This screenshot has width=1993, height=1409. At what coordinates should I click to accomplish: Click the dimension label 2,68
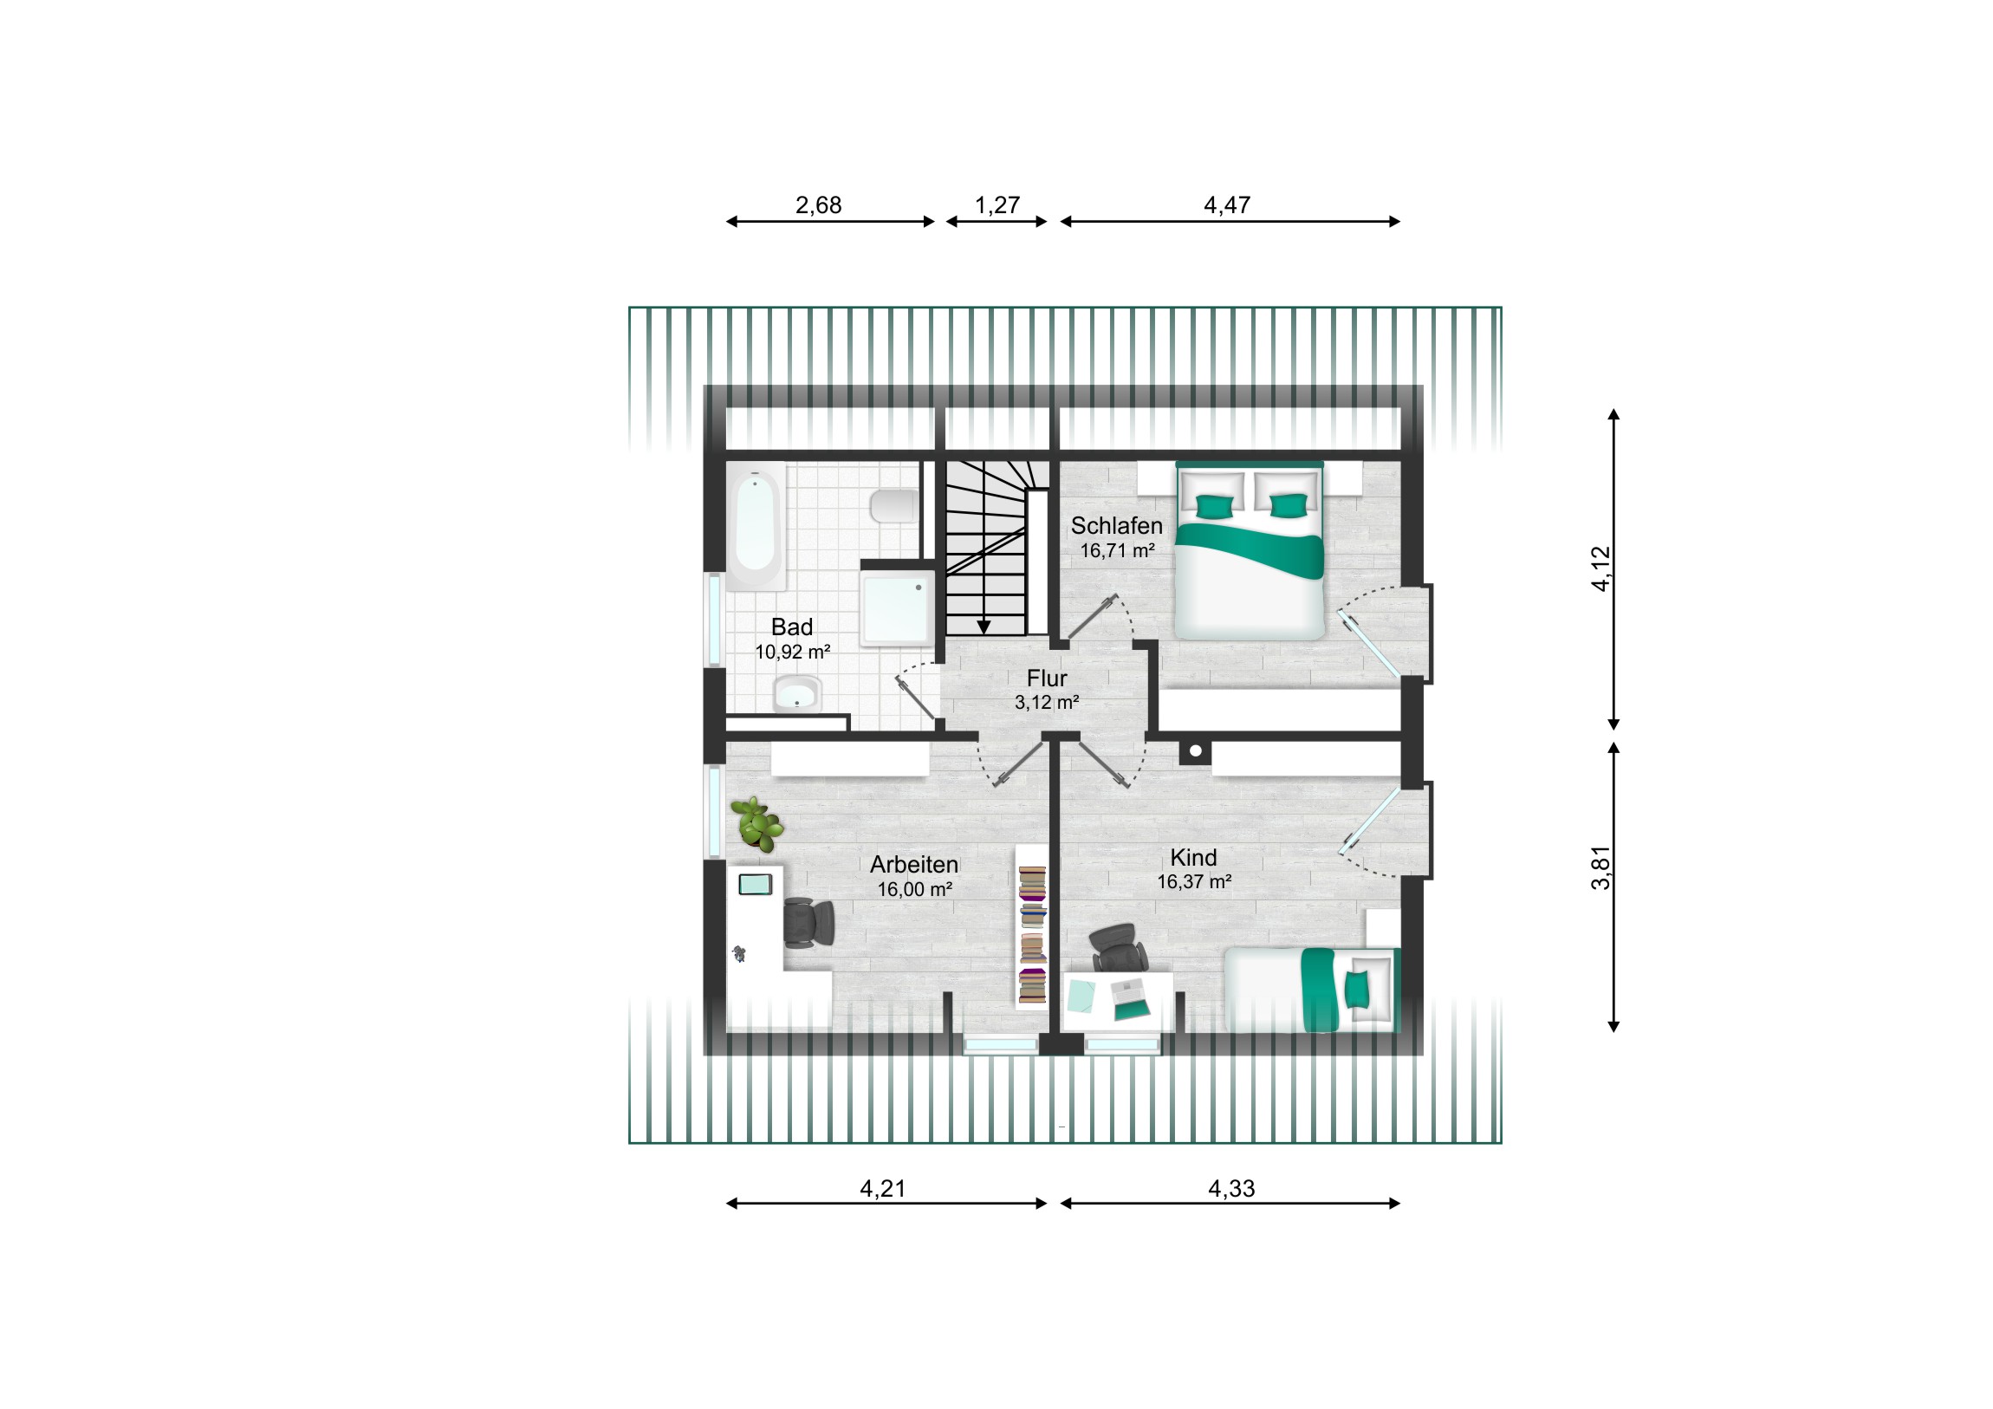tap(818, 205)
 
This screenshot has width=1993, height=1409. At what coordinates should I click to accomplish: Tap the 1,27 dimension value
tap(996, 205)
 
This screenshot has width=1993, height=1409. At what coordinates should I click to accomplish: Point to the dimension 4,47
tap(1226, 205)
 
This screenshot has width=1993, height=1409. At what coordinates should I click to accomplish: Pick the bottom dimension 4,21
tap(882, 1188)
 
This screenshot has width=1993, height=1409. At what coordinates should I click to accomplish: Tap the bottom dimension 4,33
tap(1230, 1188)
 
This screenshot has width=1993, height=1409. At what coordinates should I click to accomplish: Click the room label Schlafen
tap(1116, 525)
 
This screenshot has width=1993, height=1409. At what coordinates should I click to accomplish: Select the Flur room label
tap(1047, 678)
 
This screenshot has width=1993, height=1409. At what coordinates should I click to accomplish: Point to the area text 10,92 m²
tap(793, 651)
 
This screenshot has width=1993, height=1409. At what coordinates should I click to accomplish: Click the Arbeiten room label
tap(914, 865)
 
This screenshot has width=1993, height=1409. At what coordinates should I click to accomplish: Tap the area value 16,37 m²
tap(1194, 882)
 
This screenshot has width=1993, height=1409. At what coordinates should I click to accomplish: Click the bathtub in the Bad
tap(756, 526)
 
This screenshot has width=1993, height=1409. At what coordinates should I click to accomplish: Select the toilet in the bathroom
tap(894, 506)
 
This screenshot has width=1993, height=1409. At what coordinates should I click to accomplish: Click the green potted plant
tap(756, 824)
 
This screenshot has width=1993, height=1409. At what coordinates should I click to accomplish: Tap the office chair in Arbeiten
tap(809, 922)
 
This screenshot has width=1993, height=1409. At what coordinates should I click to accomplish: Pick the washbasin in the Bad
tap(797, 693)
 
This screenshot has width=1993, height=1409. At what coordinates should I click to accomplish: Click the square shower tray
tap(897, 608)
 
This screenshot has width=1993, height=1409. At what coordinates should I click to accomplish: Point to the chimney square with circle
tap(1195, 751)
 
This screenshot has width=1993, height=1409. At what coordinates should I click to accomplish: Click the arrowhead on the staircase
tap(984, 627)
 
